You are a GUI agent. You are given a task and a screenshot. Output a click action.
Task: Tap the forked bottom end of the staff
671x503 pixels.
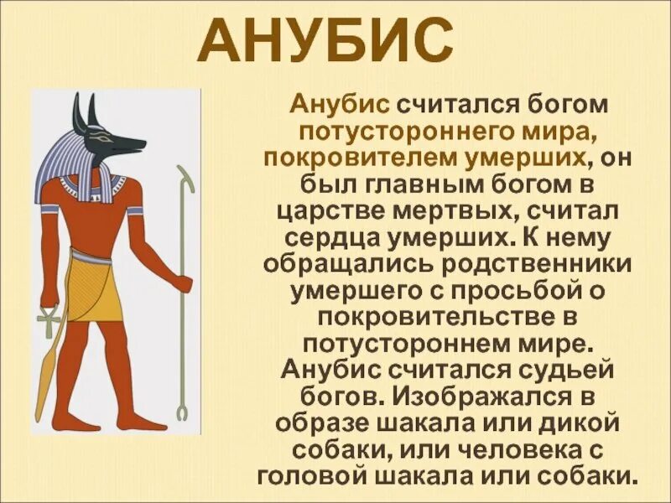180,411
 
